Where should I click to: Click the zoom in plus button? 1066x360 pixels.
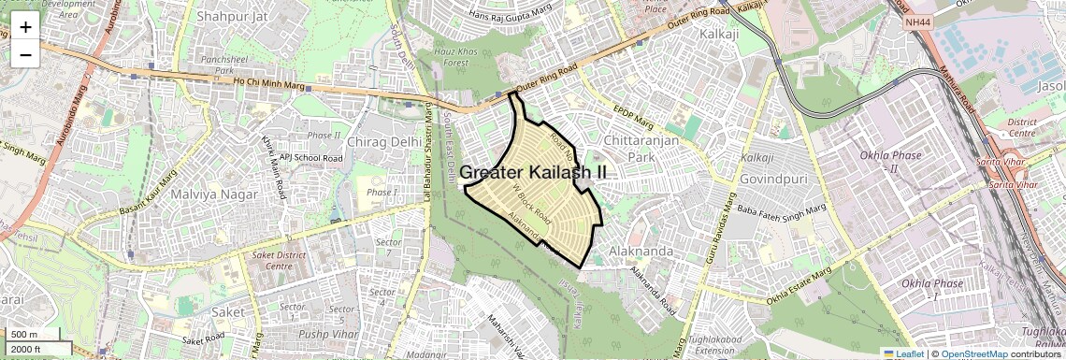tap(25, 27)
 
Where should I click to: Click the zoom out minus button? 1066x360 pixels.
tap(25, 54)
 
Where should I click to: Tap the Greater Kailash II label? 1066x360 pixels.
tap(533, 173)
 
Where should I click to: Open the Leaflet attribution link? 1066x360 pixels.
tap(903, 353)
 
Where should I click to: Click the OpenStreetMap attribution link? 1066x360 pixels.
tap(973, 353)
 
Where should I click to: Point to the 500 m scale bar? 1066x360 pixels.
tap(25, 335)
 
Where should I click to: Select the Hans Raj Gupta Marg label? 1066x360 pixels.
tap(511, 16)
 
